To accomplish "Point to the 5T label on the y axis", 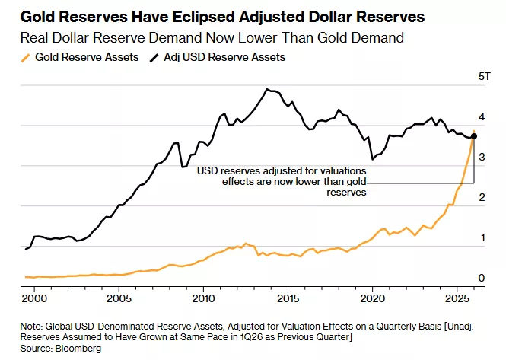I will click(484, 77).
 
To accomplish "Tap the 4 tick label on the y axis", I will click(481, 117).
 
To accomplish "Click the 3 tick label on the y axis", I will click(481, 158).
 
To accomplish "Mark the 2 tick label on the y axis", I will click(481, 198).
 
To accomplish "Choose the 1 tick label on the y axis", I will click(481, 238).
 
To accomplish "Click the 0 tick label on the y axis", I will click(481, 279).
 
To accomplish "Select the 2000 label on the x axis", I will click(33, 298).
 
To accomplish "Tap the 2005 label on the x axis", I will click(118, 298).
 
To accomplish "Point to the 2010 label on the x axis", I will click(203, 298).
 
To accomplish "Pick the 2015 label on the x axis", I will click(288, 298).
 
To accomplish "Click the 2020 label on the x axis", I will click(373, 298).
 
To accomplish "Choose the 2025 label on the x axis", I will click(457, 298).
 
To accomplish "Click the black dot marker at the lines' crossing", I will click(473, 136).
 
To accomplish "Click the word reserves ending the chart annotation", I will click(348, 193).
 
